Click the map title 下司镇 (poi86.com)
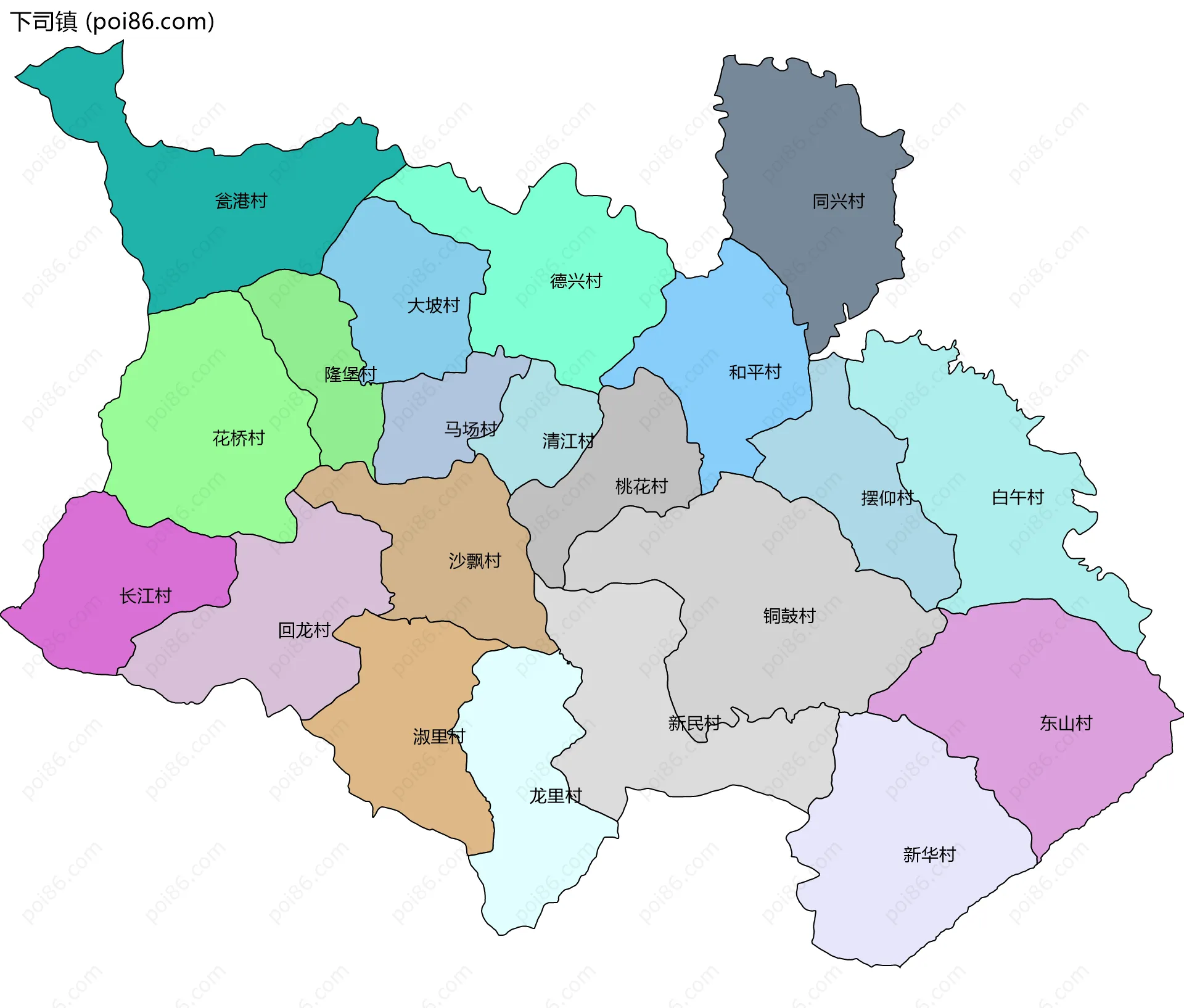pos(112,22)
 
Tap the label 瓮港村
pos(241,201)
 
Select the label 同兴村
pos(838,201)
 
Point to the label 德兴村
pos(576,281)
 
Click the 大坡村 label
pos(434,305)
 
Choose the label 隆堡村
pos(350,374)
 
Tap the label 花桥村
pos(239,438)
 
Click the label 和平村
pos(755,372)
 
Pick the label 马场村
pos(471,429)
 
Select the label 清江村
pos(568,440)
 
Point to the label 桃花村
pos(641,486)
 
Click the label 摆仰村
pos(887,497)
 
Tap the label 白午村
pos(1017,497)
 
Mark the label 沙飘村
pos(475,561)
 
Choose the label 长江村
pos(146,595)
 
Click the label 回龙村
pos(305,630)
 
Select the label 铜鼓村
pos(789,615)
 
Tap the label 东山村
pos(1066,722)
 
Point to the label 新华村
pos(929,854)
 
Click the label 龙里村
pos(556,796)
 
